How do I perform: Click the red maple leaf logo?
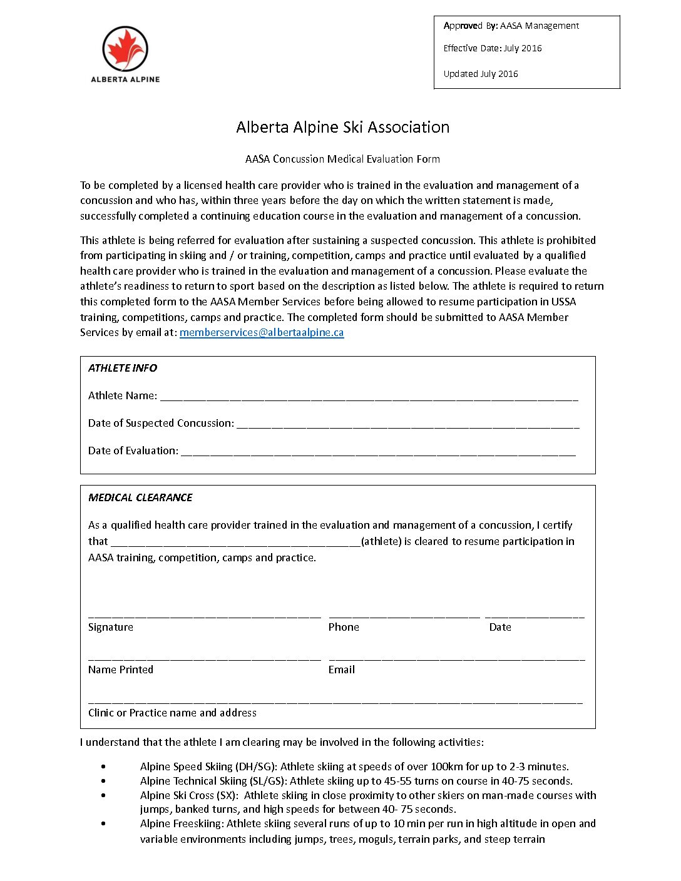pyautogui.click(x=125, y=49)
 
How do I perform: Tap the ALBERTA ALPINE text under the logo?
pyautogui.click(x=125, y=79)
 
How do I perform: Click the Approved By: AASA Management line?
pyautogui.click(x=511, y=26)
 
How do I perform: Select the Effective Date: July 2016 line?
pyautogui.click(x=492, y=48)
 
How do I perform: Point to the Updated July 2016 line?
pyautogui.click(x=480, y=74)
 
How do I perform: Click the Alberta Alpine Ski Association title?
pyautogui.click(x=342, y=127)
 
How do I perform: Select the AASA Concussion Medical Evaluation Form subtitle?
pyautogui.click(x=342, y=159)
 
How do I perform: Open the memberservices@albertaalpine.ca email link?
pyautogui.click(x=262, y=332)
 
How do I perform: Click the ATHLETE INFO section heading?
pyautogui.click(x=123, y=368)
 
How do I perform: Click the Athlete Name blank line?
pyautogui.click(x=369, y=397)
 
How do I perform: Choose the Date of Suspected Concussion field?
pyautogui.click(x=408, y=424)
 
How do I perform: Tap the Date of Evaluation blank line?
pyautogui.click(x=378, y=452)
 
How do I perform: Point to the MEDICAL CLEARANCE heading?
pyautogui.click(x=140, y=497)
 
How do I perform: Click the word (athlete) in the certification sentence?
pyautogui.click(x=381, y=541)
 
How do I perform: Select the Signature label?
pyautogui.click(x=111, y=627)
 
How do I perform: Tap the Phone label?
pyautogui.click(x=344, y=627)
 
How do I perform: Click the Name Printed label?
pyautogui.click(x=121, y=670)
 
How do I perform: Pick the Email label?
pyautogui.click(x=342, y=670)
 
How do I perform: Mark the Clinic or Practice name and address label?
pyautogui.click(x=172, y=713)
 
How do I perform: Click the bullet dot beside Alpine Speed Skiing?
pyautogui.click(x=103, y=766)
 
